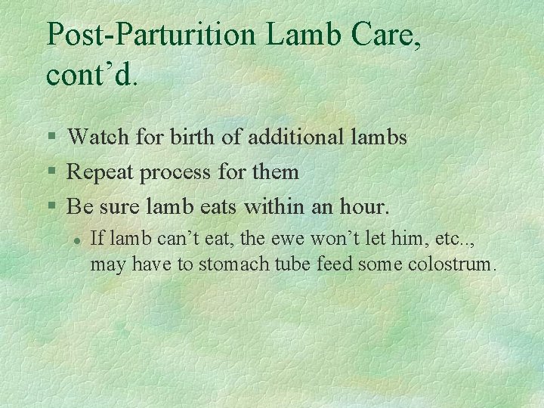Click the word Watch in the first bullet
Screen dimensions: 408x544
(x=97, y=137)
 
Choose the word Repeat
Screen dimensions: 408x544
(x=98, y=172)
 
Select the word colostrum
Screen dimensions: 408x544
(x=450, y=265)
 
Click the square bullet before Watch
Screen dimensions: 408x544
(x=51, y=138)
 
